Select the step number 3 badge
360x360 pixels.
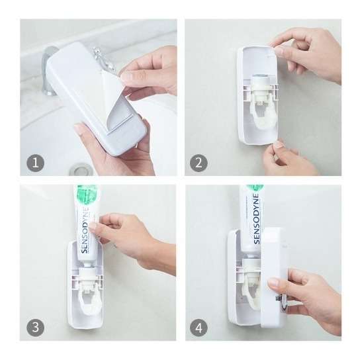point(33,327)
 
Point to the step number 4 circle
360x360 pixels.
point(198,327)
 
